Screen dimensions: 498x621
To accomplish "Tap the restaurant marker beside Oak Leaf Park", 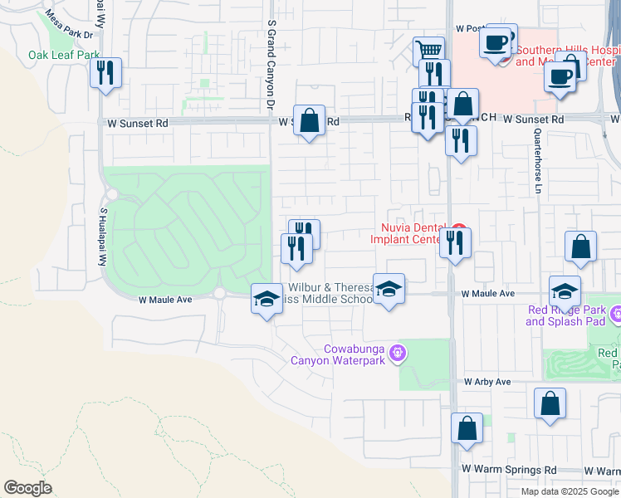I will tap(105, 72).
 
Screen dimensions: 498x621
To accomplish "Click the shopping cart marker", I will tap(428, 51).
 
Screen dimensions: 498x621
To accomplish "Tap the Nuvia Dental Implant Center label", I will tap(409, 233).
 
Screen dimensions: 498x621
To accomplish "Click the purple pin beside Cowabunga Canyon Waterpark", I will tap(398, 354).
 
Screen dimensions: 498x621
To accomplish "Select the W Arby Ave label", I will tap(488, 383).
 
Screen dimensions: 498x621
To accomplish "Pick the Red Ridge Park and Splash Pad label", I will tap(567, 316).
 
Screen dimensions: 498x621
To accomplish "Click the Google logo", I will tap(27, 488).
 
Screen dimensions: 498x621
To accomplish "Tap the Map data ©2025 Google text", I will tap(569, 491).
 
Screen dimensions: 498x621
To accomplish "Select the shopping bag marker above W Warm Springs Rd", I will tap(467, 429).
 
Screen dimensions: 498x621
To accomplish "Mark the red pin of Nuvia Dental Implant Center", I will tap(457, 229).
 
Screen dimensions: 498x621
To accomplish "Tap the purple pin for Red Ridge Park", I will tap(615, 315).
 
